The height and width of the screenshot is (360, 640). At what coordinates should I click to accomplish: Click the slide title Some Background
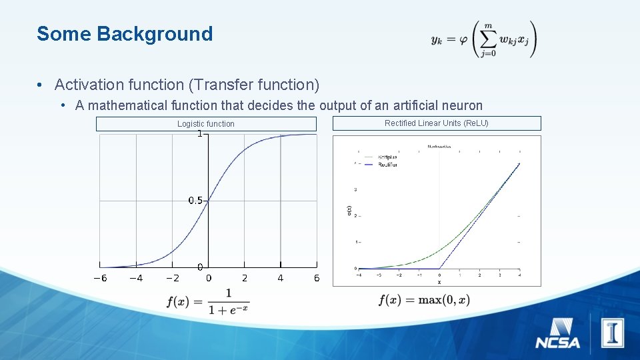point(125,34)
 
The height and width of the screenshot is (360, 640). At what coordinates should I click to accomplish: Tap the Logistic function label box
point(206,123)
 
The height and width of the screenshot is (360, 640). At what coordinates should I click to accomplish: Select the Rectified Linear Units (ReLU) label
point(437,123)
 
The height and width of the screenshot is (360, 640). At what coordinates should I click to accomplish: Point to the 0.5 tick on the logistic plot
point(195,200)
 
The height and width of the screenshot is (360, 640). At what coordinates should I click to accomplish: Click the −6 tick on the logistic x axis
point(99,278)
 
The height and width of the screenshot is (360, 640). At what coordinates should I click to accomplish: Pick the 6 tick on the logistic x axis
point(317,278)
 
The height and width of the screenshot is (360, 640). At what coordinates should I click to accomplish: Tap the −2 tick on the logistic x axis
point(172,278)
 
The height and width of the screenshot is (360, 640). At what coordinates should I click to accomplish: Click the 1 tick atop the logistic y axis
point(199,134)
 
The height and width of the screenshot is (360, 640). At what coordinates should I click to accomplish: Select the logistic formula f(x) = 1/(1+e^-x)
point(208,301)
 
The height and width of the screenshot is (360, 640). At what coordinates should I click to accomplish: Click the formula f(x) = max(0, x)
point(424,300)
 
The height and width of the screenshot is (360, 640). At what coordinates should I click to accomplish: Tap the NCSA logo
point(557,334)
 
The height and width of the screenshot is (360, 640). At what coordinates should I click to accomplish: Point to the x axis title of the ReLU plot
point(439,282)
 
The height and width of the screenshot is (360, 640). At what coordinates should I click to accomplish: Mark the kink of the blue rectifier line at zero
point(440,268)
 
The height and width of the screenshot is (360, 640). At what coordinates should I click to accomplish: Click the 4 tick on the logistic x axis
point(280,278)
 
